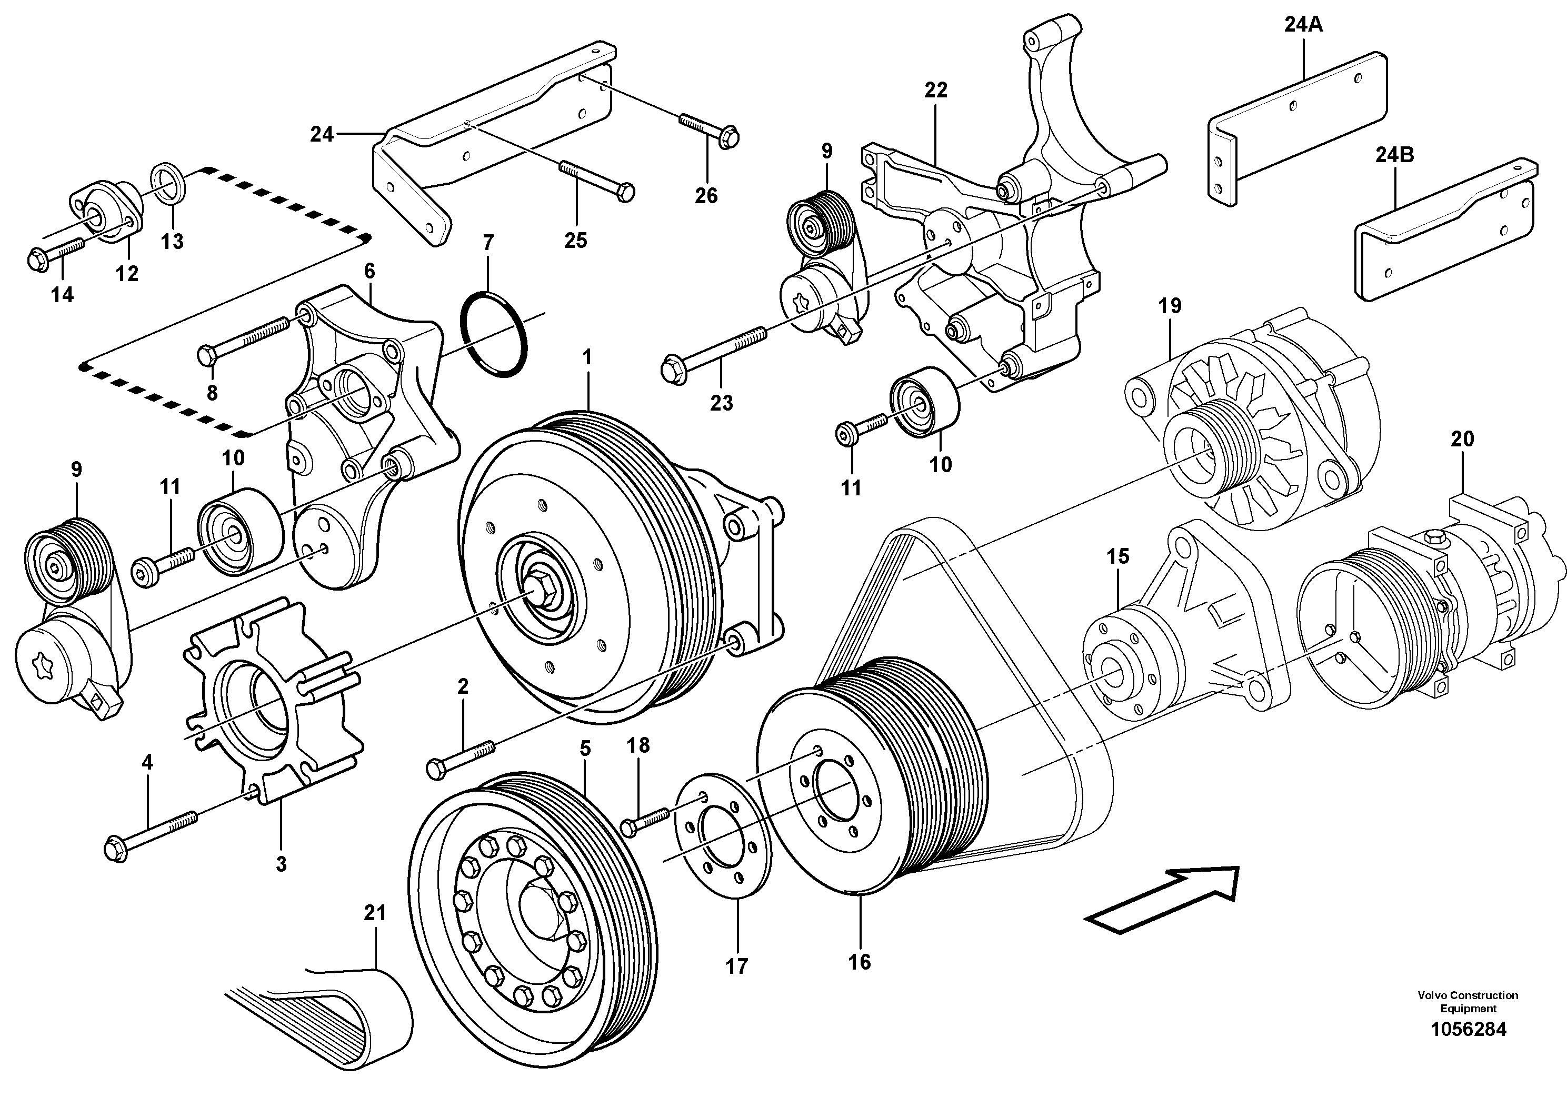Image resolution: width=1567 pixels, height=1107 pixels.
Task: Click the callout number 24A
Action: (1303, 25)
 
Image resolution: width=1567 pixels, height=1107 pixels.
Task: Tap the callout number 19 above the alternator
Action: (1170, 306)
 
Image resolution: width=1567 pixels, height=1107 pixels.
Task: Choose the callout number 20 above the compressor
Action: (1462, 439)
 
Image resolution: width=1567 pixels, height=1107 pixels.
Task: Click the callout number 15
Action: (1118, 556)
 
